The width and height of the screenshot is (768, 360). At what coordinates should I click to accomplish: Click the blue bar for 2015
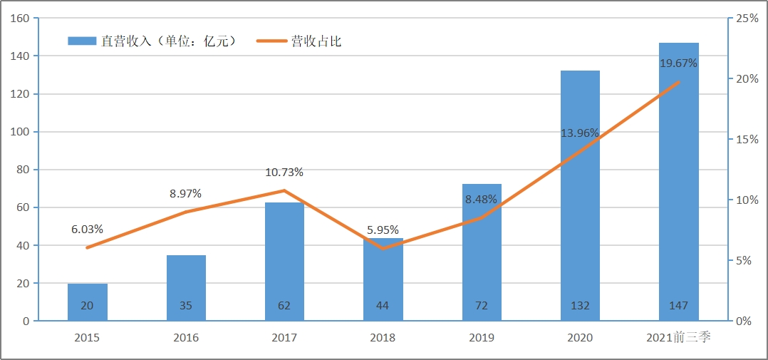click(87, 302)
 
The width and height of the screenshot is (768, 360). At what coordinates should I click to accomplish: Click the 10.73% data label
click(284, 172)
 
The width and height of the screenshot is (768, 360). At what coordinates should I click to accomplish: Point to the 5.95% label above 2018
click(383, 230)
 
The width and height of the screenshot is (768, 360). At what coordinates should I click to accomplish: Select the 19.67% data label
click(678, 63)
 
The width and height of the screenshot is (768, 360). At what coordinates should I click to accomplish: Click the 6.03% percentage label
click(87, 230)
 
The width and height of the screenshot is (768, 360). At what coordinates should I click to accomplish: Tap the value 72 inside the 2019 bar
click(481, 306)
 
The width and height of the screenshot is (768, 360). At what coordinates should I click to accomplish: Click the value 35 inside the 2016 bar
click(185, 306)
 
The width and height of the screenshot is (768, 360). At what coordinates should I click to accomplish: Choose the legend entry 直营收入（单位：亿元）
click(152, 41)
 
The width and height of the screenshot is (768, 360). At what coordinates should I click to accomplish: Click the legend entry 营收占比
click(299, 41)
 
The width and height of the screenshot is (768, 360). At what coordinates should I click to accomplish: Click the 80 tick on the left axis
click(23, 170)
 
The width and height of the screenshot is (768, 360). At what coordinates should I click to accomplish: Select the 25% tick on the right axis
click(747, 19)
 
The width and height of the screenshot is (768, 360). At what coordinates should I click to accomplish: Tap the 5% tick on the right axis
click(744, 261)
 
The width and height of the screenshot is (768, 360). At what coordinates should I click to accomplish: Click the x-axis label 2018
click(383, 337)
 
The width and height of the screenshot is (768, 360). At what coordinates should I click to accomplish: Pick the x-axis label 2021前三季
click(678, 337)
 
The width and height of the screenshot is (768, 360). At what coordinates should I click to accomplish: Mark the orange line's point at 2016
click(185, 212)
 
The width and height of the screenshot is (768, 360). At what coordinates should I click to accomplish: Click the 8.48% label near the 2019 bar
click(481, 200)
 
